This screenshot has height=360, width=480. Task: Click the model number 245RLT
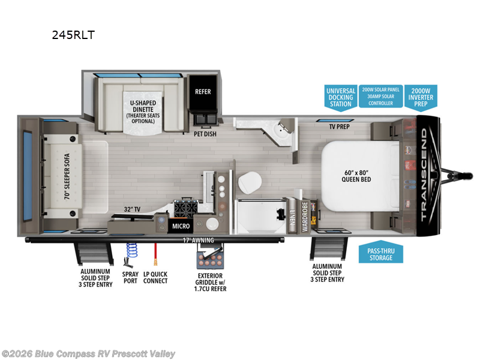point(74,35)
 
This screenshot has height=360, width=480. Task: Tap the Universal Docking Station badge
point(341,97)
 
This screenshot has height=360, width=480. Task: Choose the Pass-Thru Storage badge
point(380,254)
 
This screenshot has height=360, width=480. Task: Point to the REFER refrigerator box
point(203,92)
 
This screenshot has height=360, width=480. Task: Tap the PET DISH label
point(205,134)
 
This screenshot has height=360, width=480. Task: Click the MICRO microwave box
point(181,226)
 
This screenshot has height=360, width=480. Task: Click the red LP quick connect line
point(155,253)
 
